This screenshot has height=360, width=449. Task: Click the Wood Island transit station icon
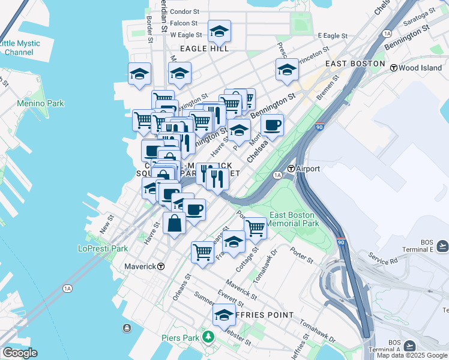point(394,68)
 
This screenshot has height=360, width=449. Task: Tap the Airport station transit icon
point(291,169)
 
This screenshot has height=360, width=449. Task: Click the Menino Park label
point(40,104)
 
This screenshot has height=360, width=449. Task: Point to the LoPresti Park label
point(103,248)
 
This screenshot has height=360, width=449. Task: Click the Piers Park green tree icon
point(208,337)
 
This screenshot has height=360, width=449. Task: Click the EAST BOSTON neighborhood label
point(354,63)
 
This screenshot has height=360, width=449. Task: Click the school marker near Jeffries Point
point(224,315)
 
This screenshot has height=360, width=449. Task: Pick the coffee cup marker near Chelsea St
point(273,125)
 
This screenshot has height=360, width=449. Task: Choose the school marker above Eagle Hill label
point(219,31)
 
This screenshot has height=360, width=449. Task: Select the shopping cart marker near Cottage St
point(256,227)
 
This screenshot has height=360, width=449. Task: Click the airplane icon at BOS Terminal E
point(442,245)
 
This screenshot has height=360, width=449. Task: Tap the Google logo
point(19,353)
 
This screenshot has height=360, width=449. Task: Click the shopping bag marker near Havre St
point(174,223)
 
